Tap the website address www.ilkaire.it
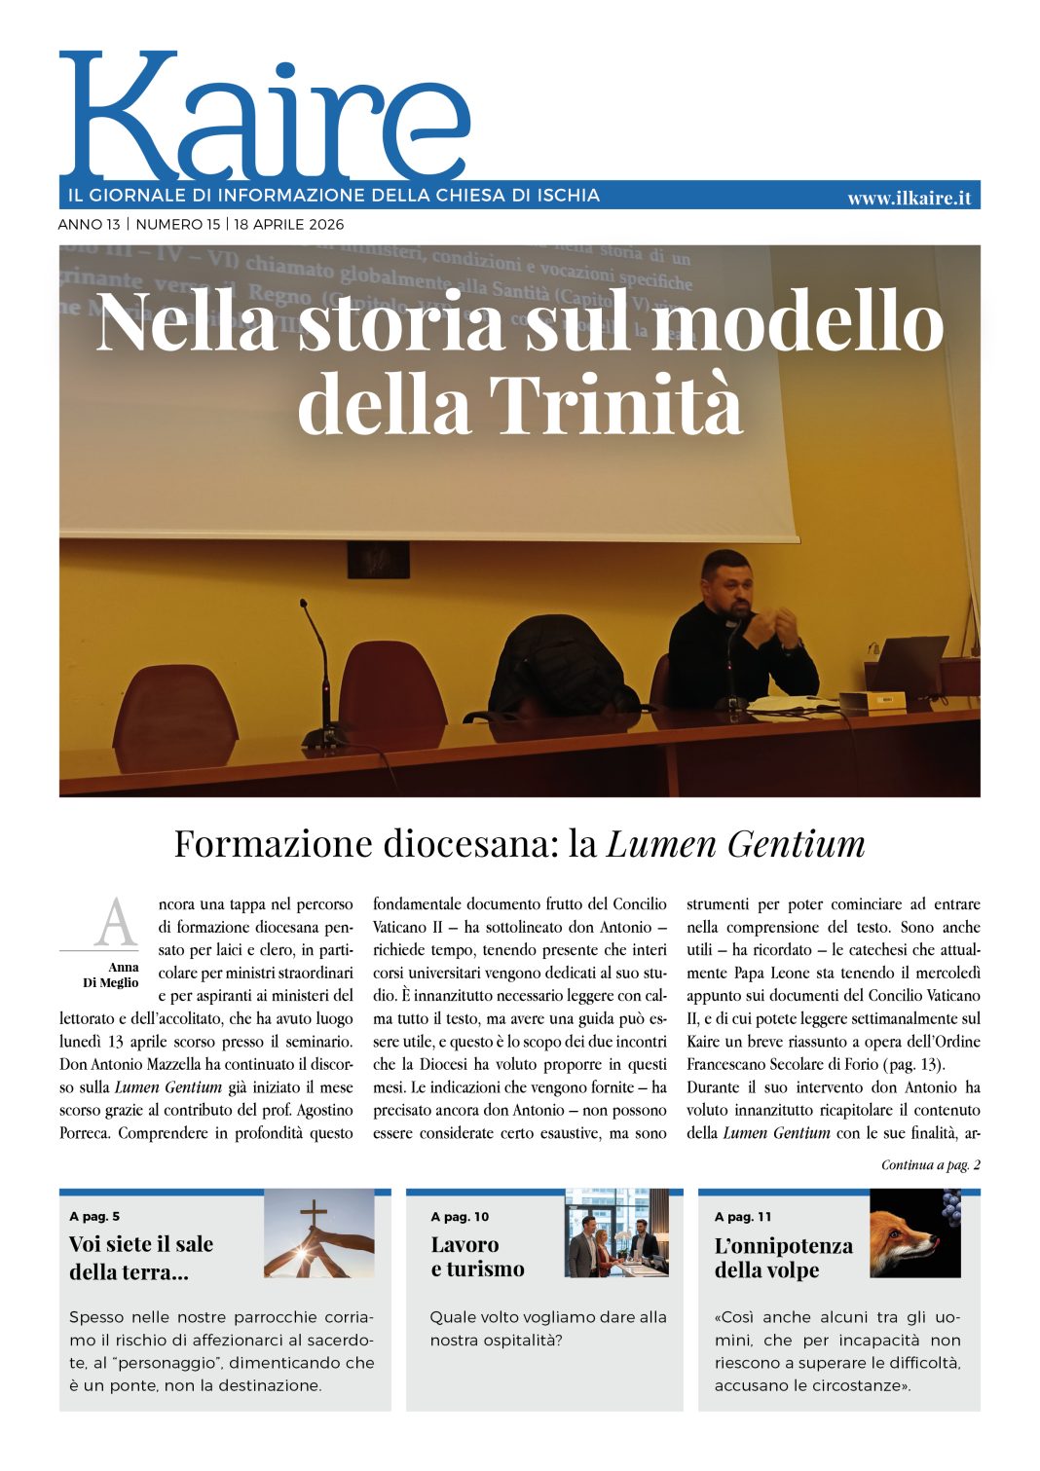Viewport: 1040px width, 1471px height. pyautogui.click(x=909, y=198)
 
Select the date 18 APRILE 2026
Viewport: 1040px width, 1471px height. pyautogui.click(x=289, y=224)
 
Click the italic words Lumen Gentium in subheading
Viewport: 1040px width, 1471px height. pyautogui.click(x=735, y=843)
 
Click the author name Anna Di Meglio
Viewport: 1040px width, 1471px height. pyautogui.click(x=111, y=975)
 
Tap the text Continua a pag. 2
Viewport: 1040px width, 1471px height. pyautogui.click(x=930, y=1164)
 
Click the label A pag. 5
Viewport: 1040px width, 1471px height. pyautogui.click(x=94, y=1216)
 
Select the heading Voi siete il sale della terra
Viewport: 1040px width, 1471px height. pyautogui.click(x=141, y=1258)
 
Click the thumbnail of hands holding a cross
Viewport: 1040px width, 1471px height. pyautogui.click(x=318, y=1233)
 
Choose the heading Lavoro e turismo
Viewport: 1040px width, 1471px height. pyautogui.click(x=477, y=1257)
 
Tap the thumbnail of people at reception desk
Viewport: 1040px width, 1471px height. pyautogui.click(x=615, y=1232)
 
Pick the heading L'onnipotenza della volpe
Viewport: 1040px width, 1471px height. pyautogui.click(x=783, y=1258)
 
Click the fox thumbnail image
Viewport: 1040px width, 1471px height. pyautogui.click(x=914, y=1233)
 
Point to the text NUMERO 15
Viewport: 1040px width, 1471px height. pyautogui.click(x=178, y=224)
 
